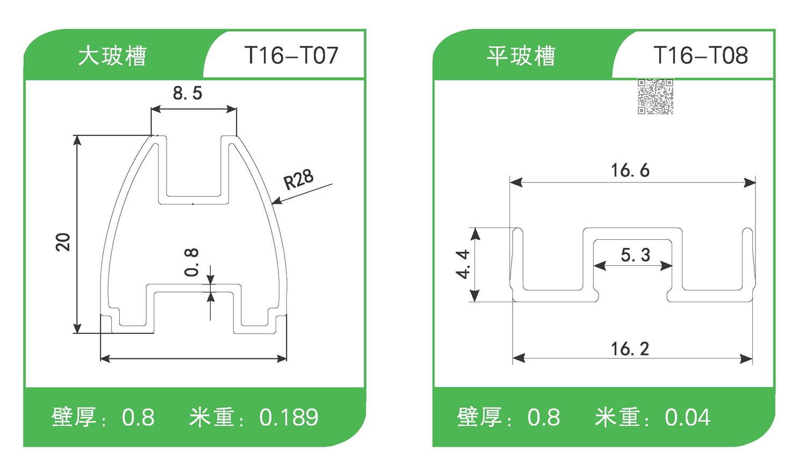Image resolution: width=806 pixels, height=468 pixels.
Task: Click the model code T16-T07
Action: point(291,55)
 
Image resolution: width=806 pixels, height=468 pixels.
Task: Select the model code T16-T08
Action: point(700,55)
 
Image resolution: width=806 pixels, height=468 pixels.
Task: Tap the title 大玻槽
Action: point(112,56)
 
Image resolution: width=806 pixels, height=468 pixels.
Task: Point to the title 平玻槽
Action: point(521,56)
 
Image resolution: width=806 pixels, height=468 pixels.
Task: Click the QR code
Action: point(655,97)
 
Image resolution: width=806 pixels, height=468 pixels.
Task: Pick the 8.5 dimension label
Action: point(188,93)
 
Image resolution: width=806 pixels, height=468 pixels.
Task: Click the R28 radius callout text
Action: point(298,179)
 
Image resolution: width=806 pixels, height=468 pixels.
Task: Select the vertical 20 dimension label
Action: point(63,242)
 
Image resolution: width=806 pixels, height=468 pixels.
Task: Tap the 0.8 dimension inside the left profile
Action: point(191,262)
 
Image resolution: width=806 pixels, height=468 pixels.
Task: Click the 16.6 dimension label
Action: point(630,171)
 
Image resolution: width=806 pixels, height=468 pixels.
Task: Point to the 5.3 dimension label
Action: point(635,255)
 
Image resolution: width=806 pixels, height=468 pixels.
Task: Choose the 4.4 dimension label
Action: point(463,264)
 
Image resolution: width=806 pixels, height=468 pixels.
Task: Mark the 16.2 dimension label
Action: point(630,349)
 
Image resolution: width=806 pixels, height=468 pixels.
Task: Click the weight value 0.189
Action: point(289,418)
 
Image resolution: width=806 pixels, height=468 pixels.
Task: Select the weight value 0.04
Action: point(687,418)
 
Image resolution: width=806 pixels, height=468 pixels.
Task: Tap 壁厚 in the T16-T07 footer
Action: point(74,418)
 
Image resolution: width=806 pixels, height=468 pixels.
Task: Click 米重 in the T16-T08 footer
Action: point(617,418)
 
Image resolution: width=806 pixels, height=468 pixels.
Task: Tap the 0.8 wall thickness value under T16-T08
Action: point(543,418)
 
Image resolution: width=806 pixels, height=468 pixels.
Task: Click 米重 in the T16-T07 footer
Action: point(211,418)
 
